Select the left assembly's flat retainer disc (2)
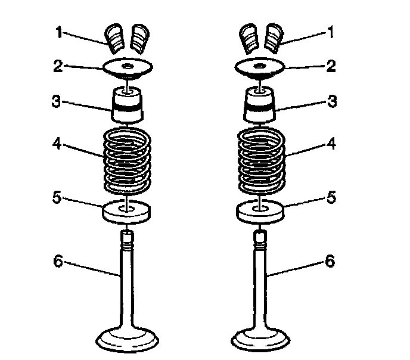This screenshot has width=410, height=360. pos(127,68)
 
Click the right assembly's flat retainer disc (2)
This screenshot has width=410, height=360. pos(261,68)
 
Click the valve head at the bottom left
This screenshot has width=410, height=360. pos(128,340)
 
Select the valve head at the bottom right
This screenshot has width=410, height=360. pos(261,340)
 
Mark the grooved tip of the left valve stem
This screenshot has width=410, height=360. pos(128,240)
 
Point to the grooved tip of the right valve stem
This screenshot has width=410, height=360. pos(261,240)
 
